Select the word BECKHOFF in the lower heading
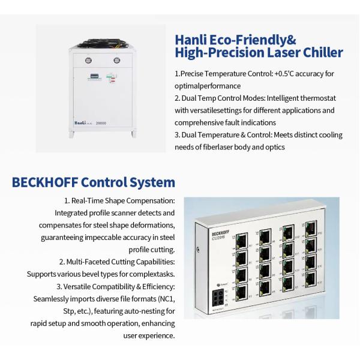pos(45,182)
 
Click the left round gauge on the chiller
pos(88,61)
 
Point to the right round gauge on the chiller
pos(116,61)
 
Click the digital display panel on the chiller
pos(94,76)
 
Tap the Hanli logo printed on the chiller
pos(80,123)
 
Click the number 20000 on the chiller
pos(101,123)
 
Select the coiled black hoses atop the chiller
pos(103,43)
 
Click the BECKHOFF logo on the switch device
pos(220,233)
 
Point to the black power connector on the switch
pos(218,298)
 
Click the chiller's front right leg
pos(134,134)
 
